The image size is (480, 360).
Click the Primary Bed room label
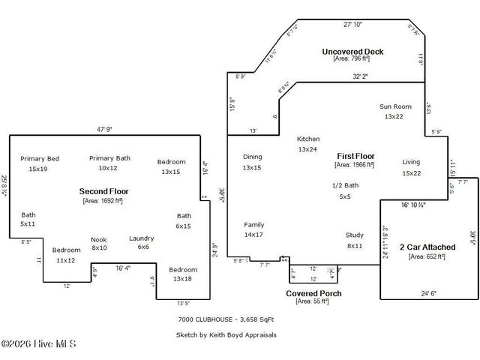39,158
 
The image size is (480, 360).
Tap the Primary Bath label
109,158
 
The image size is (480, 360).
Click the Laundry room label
142,238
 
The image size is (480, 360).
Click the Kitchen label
308,139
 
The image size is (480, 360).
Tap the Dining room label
252,157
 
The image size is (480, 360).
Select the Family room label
253,225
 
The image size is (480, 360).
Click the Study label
355,235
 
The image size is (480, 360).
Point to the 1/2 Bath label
345,185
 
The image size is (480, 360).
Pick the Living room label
411,162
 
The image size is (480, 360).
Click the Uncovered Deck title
352,52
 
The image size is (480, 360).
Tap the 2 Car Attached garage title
427,247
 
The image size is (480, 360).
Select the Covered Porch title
313,292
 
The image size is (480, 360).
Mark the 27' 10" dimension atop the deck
352,25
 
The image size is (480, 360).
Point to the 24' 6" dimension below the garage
427,294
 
